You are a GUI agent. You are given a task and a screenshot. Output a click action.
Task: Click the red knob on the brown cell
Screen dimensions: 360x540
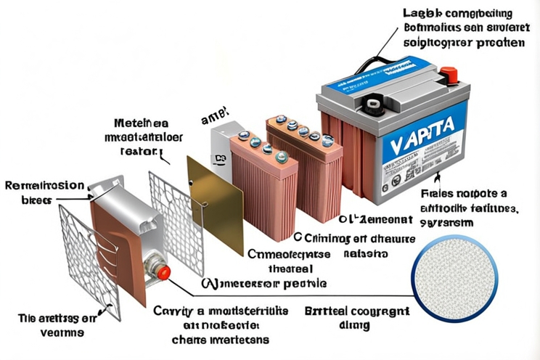(164, 272)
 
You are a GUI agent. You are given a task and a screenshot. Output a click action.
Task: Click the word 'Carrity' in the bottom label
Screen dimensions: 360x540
(171, 311)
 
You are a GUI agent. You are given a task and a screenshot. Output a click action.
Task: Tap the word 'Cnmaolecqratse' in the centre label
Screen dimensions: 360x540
(290, 253)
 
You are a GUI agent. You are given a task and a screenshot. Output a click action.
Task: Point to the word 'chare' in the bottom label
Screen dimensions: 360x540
(187, 339)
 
